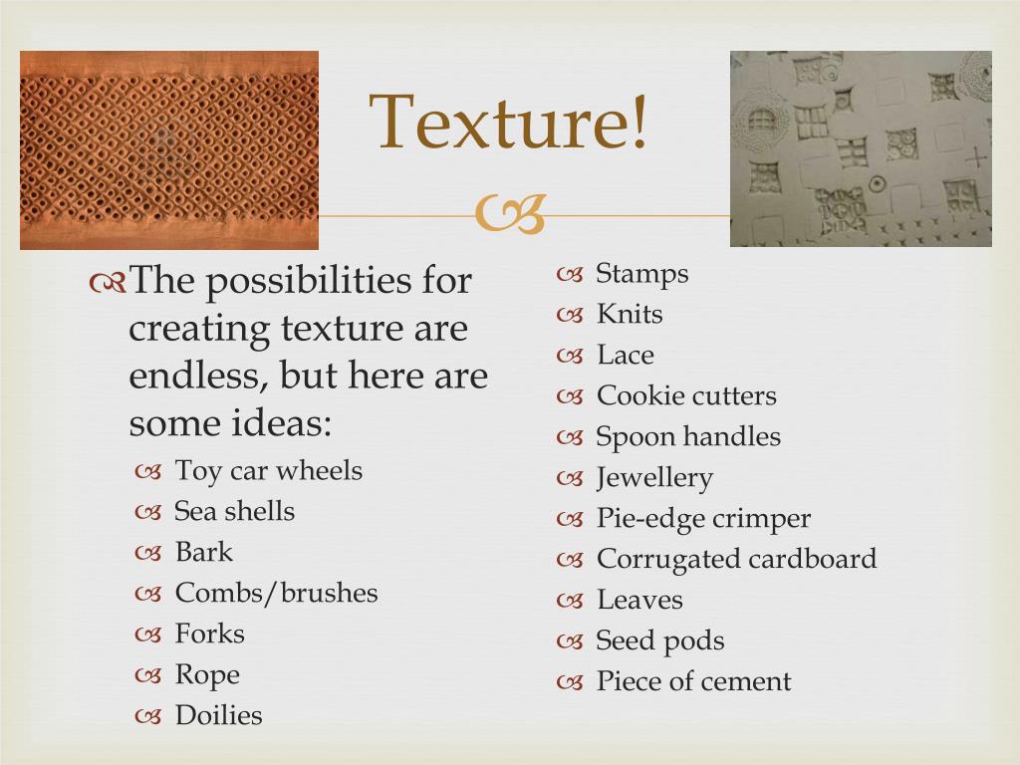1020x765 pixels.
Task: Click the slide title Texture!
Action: click(x=508, y=122)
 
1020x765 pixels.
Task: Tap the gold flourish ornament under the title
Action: click(x=510, y=214)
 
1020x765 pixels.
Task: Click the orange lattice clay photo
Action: click(x=169, y=150)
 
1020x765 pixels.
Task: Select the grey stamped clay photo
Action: click(x=861, y=149)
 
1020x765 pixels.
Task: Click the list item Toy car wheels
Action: click(x=269, y=471)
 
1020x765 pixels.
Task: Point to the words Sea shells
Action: click(x=234, y=511)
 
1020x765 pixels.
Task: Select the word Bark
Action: click(x=203, y=552)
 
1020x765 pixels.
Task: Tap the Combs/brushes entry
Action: click(x=277, y=593)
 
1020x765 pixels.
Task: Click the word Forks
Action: click(x=209, y=634)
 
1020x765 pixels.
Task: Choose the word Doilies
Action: click(x=218, y=715)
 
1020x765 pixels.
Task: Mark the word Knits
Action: click(x=630, y=314)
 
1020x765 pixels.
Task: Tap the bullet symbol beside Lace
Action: click(x=570, y=357)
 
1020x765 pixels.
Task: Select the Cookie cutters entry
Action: click(x=686, y=395)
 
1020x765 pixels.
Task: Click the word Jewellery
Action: click(x=654, y=478)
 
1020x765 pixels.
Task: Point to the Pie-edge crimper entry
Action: click(x=703, y=519)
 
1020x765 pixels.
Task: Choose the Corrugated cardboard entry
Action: click(x=736, y=560)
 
